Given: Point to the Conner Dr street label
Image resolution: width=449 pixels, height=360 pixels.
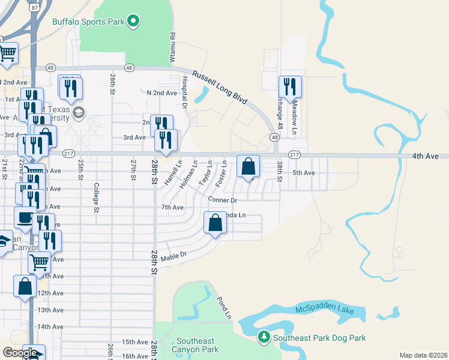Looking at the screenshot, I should (x=223, y=199).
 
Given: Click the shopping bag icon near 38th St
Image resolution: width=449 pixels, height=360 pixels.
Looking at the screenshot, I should (x=249, y=166).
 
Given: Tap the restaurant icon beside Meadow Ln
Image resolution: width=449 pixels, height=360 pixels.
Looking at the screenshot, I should (x=290, y=86).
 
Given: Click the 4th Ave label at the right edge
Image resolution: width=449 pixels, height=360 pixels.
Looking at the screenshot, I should (x=426, y=156).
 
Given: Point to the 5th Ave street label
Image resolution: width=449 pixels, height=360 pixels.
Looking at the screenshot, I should (x=303, y=173).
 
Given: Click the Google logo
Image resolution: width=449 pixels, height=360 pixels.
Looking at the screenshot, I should (x=20, y=352).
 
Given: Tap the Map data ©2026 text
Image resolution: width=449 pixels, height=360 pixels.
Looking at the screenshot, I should (x=423, y=355).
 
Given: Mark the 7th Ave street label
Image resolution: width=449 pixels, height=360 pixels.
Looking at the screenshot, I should (x=172, y=208).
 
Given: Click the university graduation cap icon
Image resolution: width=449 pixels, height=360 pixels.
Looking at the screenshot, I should (x=79, y=113).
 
